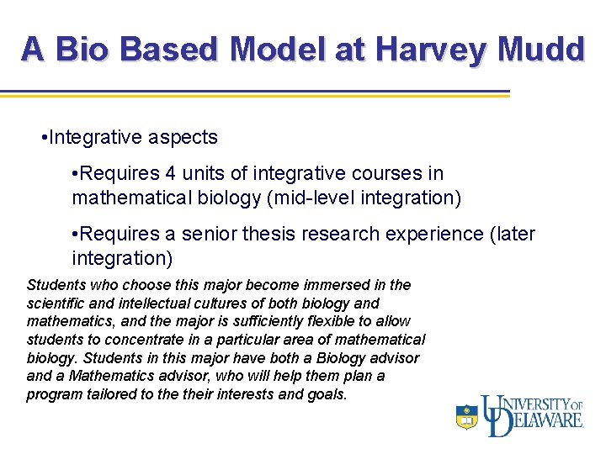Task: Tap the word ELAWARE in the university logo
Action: click(548, 421)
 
